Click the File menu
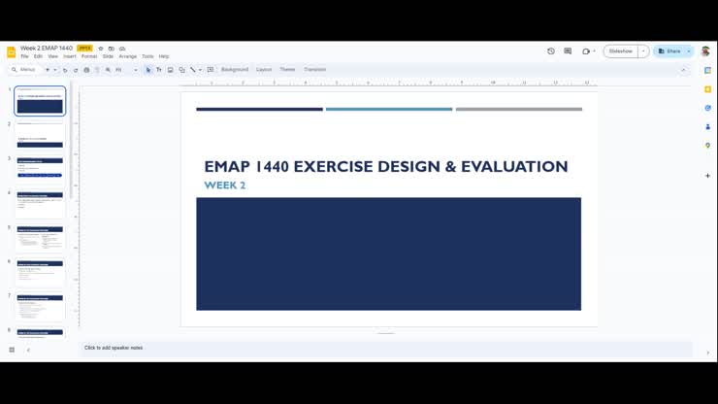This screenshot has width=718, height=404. tap(24, 56)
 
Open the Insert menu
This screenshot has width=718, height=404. tap(70, 56)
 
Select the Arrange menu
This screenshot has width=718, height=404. tap(127, 56)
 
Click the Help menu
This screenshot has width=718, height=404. tap(164, 56)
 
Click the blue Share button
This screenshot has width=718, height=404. tap(669, 51)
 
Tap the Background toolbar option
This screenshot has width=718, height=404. tap(235, 70)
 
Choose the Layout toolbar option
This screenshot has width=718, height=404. tap(264, 70)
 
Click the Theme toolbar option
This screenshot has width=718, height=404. tap(287, 70)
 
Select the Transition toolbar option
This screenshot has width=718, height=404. tap(314, 70)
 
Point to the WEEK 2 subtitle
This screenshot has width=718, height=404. tap(224, 185)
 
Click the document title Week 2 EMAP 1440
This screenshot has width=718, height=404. tap(47, 48)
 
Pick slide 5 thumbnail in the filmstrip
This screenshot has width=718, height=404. tap(40, 238)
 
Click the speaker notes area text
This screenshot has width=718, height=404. tap(114, 348)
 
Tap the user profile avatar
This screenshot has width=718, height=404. tap(705, 51)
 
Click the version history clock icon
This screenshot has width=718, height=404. tap(551, 51)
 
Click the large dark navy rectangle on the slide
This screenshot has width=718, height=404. tap(388, 253)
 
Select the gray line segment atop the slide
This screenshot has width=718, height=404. tap(518, 110)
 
